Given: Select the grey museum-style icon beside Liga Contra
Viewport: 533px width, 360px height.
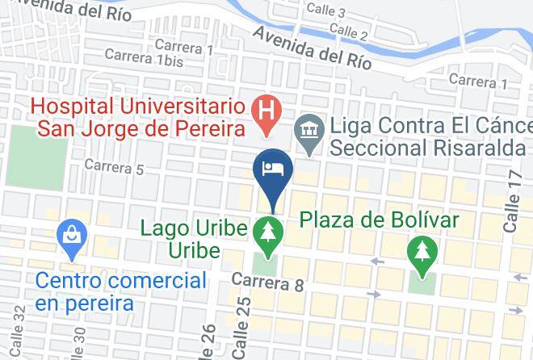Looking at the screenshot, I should tap(308, 128).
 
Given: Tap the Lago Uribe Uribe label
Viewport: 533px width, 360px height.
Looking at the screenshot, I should tap(193, 238).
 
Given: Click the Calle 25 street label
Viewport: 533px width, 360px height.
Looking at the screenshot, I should tap(240, 330).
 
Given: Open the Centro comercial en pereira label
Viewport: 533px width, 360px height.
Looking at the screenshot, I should tap(121, 292).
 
